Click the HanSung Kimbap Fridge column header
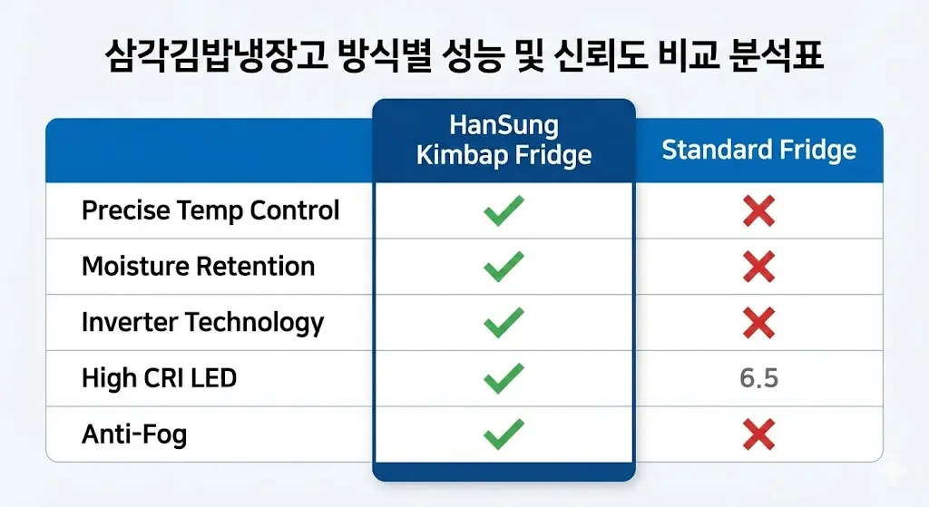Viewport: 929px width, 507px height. (504, 140)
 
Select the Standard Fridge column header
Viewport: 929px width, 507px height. (758, 150)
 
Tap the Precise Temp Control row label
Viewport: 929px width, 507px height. (210, 211)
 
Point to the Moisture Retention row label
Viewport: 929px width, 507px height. (199, 267)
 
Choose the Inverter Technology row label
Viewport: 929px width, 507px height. (202, 322)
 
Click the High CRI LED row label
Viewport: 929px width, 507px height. (159, 377)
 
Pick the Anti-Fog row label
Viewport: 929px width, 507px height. (134, 434)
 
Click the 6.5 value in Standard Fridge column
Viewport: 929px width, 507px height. (758, 378)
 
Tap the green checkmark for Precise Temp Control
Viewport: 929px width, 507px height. (504, 211)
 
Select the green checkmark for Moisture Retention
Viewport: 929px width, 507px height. (504, 267)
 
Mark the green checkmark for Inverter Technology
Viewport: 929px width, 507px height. (504, 322)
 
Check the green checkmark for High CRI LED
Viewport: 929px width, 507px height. (504, 377)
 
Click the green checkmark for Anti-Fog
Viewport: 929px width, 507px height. (504, 434)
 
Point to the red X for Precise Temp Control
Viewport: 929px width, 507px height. (758, 211)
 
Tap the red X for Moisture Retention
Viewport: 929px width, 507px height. (758, 267)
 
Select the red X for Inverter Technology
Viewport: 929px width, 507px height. (758, 322)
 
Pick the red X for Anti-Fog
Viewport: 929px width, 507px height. (758, 434)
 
